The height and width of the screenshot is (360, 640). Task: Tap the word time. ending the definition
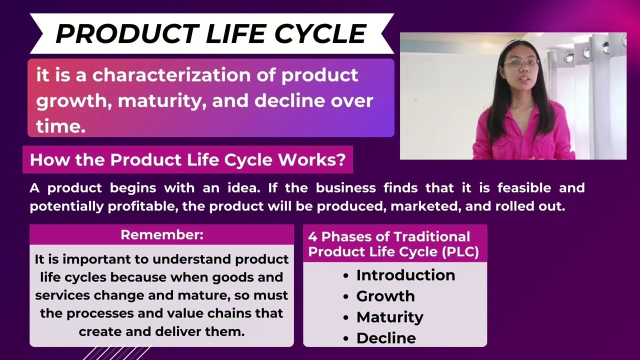60,126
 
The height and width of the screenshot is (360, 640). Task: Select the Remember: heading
161,235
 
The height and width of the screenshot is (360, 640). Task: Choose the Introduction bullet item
405,275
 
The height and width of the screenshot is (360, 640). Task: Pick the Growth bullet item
385,296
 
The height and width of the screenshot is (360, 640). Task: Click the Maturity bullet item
389,317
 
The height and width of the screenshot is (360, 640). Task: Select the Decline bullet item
386,338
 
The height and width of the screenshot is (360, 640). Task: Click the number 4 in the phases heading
312,237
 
